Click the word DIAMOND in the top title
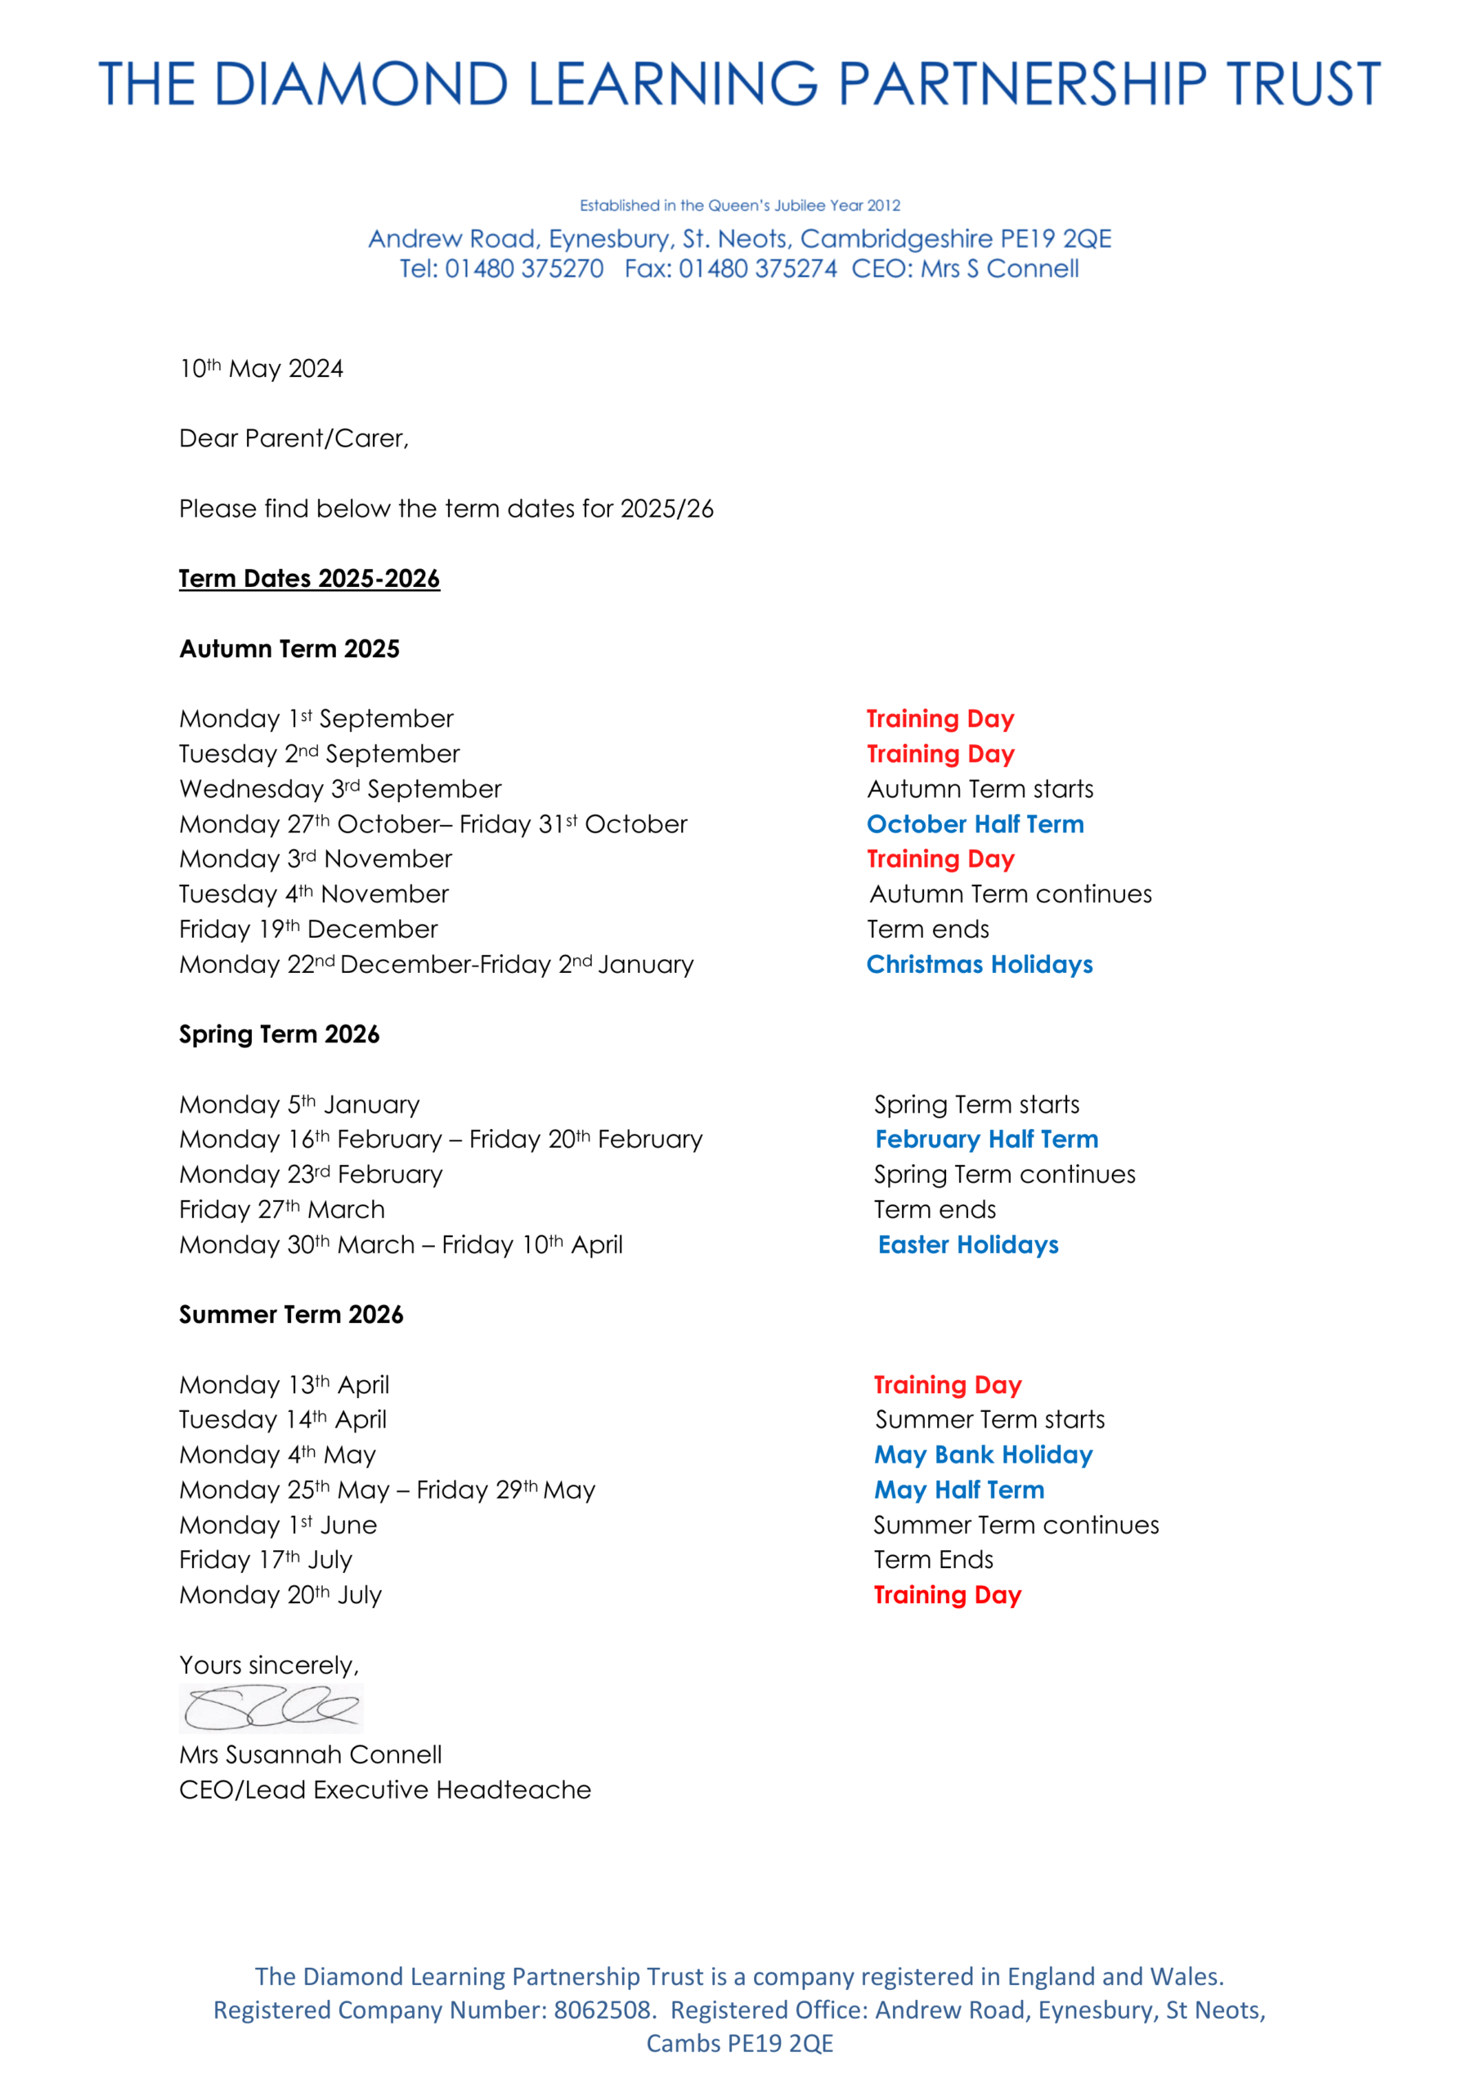[361, 84]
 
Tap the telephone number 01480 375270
[523, 269]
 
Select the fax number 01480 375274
[758, 269]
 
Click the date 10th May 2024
[261, 370]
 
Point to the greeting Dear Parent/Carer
[294, 438]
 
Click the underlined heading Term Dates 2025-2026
[309, 579]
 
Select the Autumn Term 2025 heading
[289, 649]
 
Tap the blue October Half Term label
[975, 824]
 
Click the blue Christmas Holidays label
[980, 965]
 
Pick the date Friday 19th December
[308, 930]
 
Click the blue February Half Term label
[987, 1140]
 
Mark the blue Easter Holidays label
[967, 1245]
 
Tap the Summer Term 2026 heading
[291, 1315]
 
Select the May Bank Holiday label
[983, 1455]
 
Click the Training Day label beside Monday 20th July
[948, 1595]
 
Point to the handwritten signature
[271, 1706]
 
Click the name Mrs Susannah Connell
[310, 1755]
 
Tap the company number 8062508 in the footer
[602, 2010]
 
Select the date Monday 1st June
[278, 1525]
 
